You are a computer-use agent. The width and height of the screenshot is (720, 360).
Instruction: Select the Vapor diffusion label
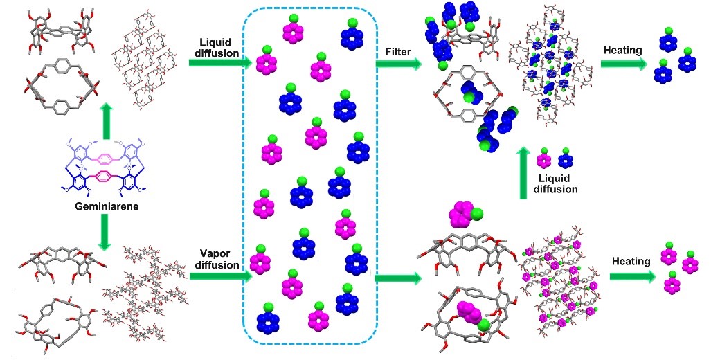pos(210,258)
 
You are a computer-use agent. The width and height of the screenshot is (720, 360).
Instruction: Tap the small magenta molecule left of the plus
pos(545,161)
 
